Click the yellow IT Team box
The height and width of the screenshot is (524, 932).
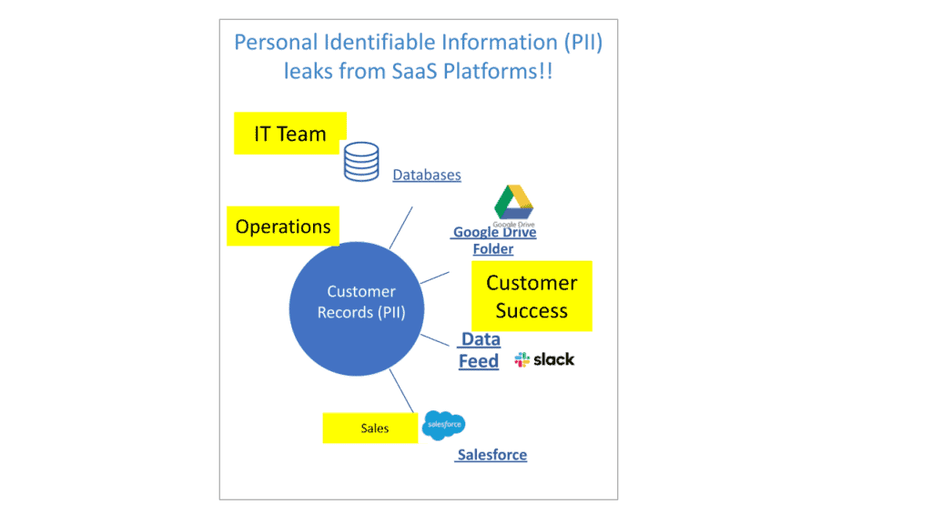(x=290, y=133)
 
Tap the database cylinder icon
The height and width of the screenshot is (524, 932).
(x=361, y=162)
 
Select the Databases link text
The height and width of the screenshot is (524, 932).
(x=427, y=175)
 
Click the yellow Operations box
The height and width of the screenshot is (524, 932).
(x=283, y=226)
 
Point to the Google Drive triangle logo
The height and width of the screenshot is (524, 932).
(x=513, y=203)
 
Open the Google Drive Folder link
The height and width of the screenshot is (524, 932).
(x=494, y=240)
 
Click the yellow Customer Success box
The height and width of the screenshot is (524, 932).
(x=532, y=296)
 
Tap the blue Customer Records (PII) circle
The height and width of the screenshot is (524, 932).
(x=357, y=309)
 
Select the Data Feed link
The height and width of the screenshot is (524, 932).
(x=479, y=350)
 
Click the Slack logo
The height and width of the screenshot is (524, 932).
(x=544, y=359)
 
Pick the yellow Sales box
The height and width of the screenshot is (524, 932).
(x=370, y=428)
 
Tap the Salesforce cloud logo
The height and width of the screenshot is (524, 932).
(x=444, y=425)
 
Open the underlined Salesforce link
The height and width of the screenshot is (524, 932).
(x=491, y=455)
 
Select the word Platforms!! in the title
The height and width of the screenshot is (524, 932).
(x=498, y=71)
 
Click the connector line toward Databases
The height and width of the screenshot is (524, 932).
(x=400, y=227)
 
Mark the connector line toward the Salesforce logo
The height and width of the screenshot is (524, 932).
(x=401, y=391)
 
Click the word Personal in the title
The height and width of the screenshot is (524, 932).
(x=276, y=42)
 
